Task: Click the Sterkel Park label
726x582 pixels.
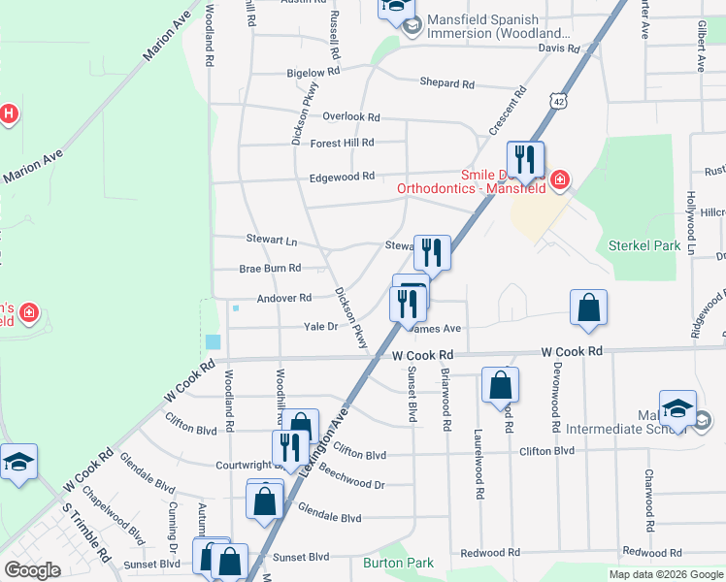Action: [x=643, y=245]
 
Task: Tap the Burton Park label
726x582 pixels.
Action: [x=398, y=563]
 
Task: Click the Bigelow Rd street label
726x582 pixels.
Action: [x=313, y=73]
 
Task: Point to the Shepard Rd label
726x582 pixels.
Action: [x=446, y=83]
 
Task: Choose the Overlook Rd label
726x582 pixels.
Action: [x=351, y=116]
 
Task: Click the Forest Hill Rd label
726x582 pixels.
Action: [x=342, y=143]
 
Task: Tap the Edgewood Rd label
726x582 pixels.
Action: [x=342, y=177]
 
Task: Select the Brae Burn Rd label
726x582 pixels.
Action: [x=270, y=268]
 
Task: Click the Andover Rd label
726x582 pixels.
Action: [x=284, y=298]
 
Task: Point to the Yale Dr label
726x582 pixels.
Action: [x=320, y=327]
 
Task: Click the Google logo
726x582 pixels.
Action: [x=32, y=570]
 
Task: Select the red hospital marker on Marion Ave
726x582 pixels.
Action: [x=9, y=114]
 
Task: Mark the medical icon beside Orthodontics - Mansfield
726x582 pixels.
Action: [x=559, y=180]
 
